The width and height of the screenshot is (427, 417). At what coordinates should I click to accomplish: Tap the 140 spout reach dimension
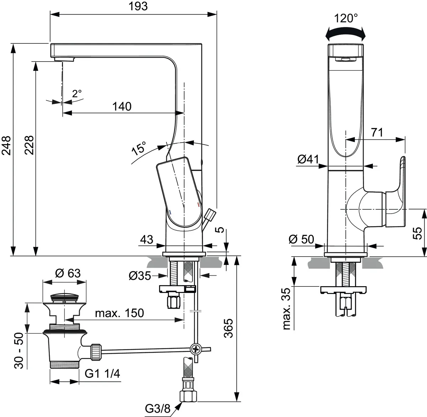click(122, 106)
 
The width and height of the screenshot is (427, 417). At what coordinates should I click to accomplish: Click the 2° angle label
click(77, 94)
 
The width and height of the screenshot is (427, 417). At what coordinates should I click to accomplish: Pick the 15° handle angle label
click(139, 148)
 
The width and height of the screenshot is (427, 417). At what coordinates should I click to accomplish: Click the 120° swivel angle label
click(346, 18)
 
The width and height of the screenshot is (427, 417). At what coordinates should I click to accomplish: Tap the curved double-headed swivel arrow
click(346, 33)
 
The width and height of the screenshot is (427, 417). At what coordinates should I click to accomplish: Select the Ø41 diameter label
click(308, 160)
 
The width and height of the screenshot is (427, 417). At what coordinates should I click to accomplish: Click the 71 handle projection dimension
click(377, 132)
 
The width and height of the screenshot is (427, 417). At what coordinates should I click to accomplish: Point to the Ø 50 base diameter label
click(302, 239)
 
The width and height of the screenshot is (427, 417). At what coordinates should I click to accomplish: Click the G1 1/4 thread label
click(103, 374)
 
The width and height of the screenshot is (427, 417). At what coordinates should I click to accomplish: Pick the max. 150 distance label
click(119, 313)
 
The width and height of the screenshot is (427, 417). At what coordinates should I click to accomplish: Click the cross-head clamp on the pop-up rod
click(195, 349)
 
